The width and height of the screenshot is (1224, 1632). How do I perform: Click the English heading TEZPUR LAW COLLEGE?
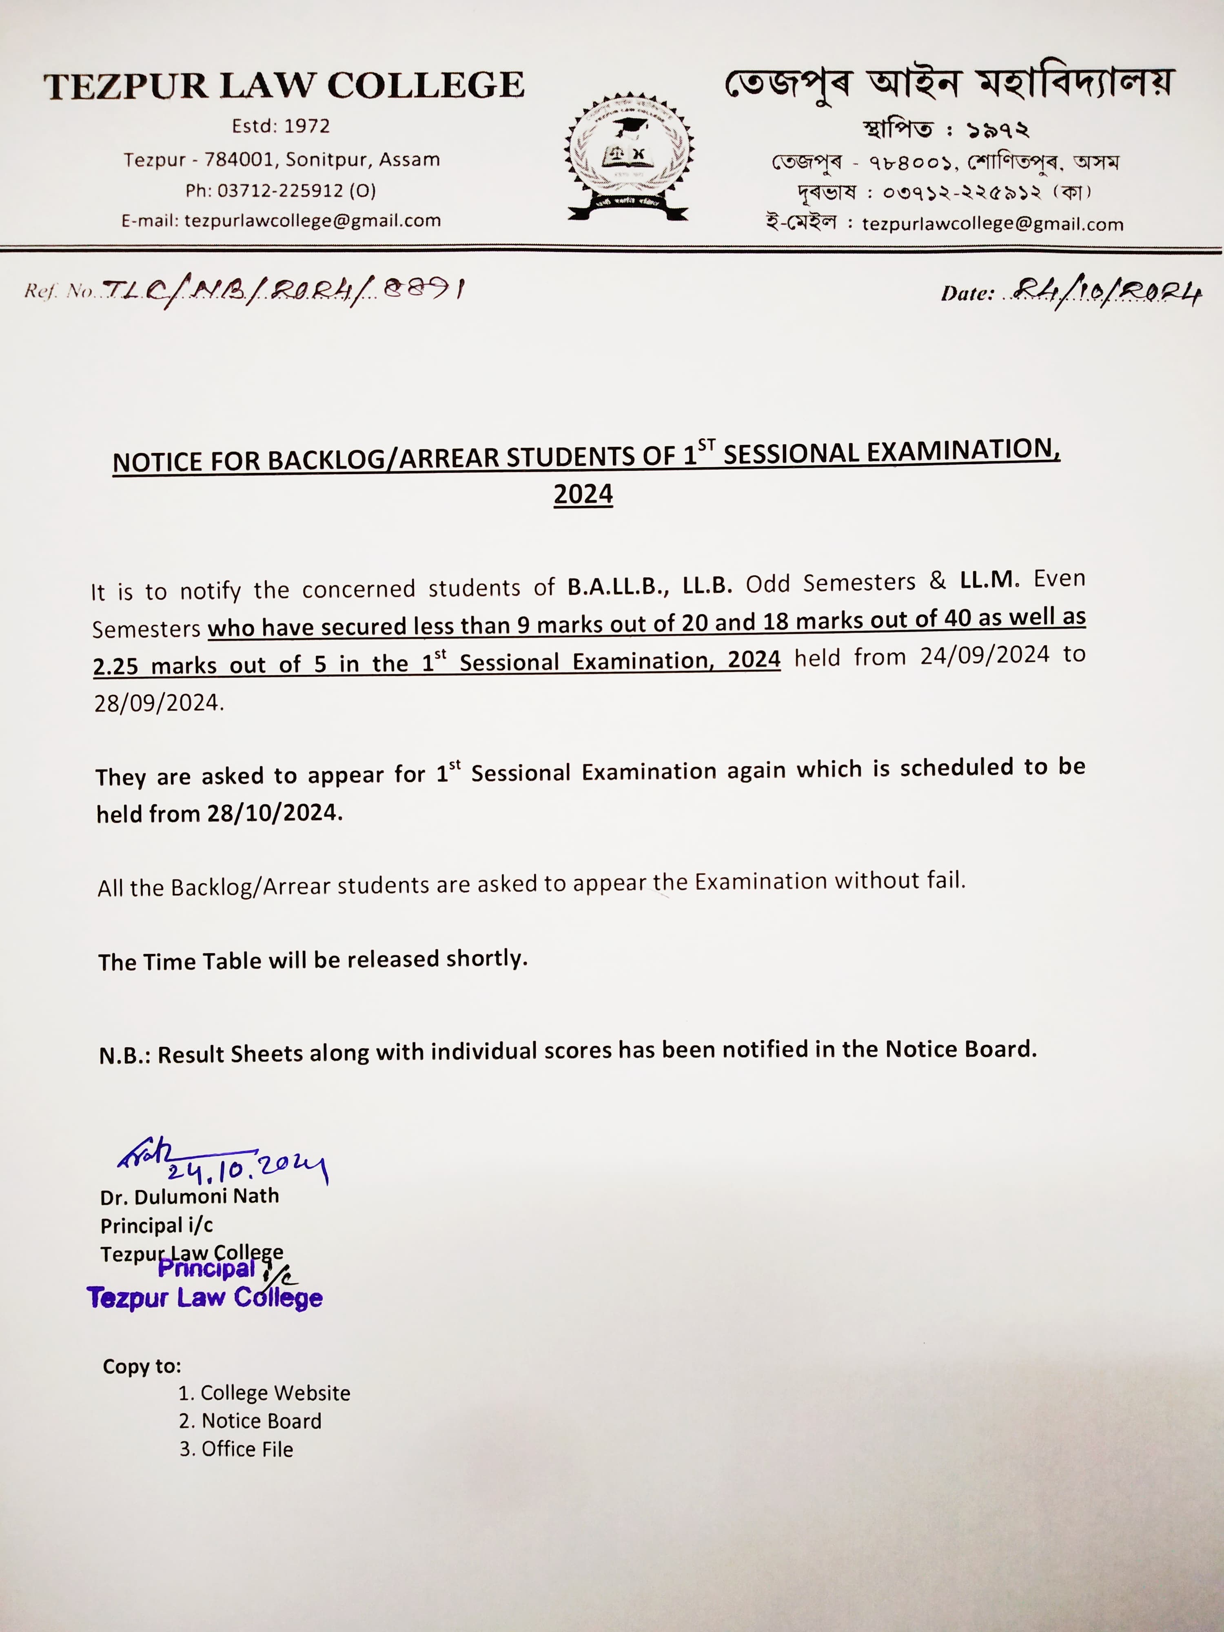click(x=284, y=86)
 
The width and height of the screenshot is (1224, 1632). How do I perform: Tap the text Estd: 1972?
click(x=280, y=126)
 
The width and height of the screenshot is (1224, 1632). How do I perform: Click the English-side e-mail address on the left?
click(x=312, y=221)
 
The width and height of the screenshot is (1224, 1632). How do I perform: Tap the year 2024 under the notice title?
click(x=583, y=494)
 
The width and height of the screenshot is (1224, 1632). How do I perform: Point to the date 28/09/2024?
click(x=157, y=703)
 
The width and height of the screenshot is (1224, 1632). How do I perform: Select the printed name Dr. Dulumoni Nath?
click(x=190, y=1196)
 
